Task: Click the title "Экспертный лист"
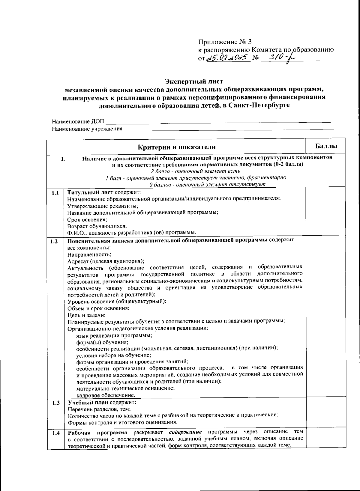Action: (x=194, y=82)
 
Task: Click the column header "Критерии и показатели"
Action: (x=176, y=147)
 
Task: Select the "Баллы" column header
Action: (x=326, y=146)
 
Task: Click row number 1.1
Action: (x=55, y=192)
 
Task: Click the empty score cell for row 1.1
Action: (x=325, y=212)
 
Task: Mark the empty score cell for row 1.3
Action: (x=325, y=412)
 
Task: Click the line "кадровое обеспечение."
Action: (x=106, y=395)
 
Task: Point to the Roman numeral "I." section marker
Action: (x=63, y=158)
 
